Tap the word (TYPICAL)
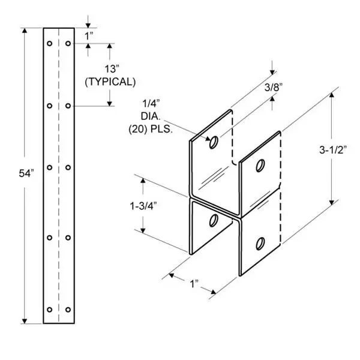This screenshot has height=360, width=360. [x=110, y=82]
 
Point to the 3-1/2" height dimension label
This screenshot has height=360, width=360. [x=333, y=148]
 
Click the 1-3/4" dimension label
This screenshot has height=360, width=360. [x=144, y=205]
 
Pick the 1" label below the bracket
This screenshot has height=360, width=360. [x=193, y=282]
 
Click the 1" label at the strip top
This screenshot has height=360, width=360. [x=89, y=35]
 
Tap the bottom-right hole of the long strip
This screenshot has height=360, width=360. [x=68, y=310]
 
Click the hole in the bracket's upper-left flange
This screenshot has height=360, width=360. [x=213, y=143]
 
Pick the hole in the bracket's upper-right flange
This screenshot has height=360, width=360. [x=260, y=166]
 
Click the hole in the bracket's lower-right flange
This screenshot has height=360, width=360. [x=260, y=244]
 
